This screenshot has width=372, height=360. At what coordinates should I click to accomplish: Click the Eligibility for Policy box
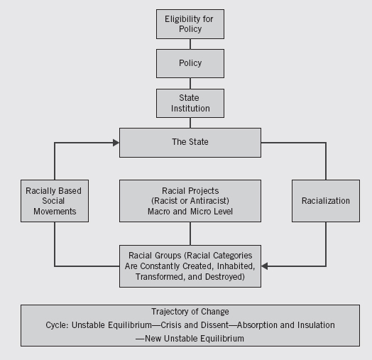point(190,24)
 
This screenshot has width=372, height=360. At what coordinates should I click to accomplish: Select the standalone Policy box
point(190,63)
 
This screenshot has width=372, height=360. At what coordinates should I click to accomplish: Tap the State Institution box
point(190,103)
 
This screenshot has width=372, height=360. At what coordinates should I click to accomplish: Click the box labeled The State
point(190,143)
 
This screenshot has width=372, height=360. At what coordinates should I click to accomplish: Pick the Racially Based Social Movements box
point(55,201)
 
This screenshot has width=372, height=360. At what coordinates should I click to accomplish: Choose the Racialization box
point(326,201)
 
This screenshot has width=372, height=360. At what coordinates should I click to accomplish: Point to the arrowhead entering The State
point(116,143)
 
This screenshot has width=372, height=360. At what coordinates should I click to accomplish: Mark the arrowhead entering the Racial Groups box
point(265,266)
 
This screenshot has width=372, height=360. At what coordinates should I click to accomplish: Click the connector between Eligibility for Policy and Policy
point(190,44)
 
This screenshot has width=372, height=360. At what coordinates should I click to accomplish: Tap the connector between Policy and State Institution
point(190,84)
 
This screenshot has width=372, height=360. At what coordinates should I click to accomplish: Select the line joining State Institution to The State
point(190,123)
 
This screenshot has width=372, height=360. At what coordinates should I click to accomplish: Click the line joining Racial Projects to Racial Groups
point(190,234)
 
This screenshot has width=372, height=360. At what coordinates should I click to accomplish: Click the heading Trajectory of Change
point(190,312)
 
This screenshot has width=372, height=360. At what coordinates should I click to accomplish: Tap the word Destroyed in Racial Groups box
point(224,277)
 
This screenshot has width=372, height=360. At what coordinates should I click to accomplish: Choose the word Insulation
point(316,325)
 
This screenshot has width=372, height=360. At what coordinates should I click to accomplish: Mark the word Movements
point(55,211)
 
